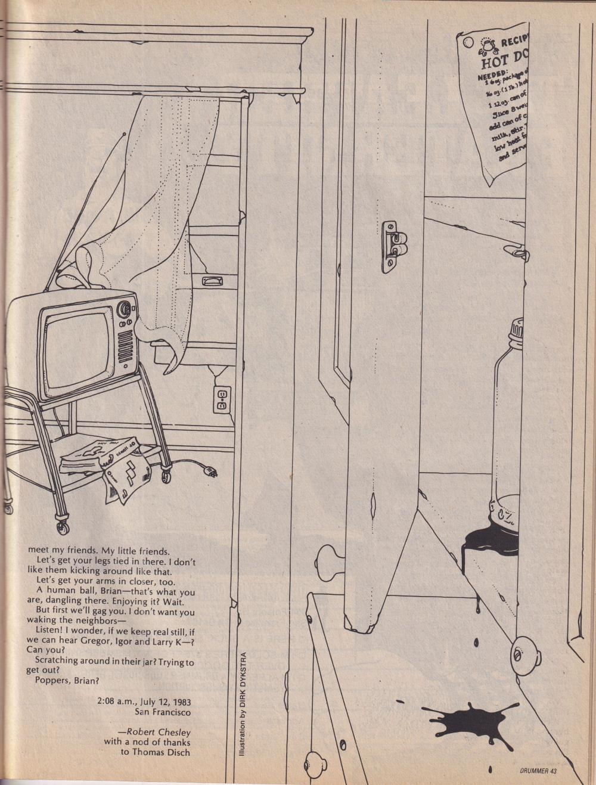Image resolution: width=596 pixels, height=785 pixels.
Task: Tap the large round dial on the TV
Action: [x=125, y=309]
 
